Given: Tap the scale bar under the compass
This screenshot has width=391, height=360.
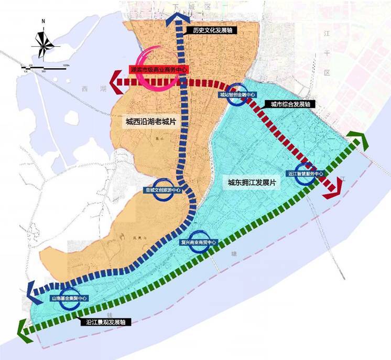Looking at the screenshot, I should [45, 66].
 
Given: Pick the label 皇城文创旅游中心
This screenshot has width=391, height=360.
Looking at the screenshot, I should [162, 191].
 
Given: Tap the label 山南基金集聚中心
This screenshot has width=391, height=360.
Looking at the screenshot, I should [69, 298].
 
